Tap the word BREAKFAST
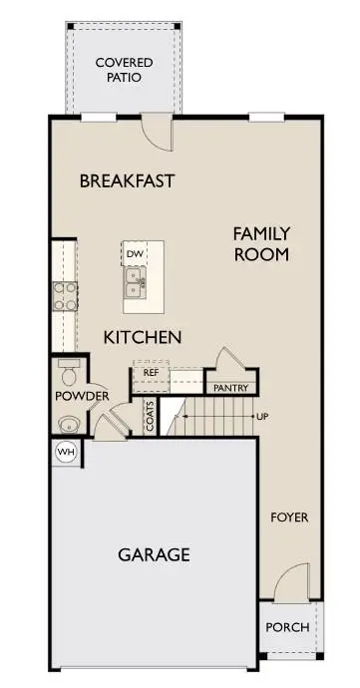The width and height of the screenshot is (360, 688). (127, 181)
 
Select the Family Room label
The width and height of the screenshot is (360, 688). (261, 243)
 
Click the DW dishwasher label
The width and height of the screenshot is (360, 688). (135, 254)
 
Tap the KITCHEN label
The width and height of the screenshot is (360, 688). (143, 337)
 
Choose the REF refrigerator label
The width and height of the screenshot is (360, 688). (152, 372)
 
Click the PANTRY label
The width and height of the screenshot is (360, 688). (230, 388)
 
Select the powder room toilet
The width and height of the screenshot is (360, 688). (68, 376)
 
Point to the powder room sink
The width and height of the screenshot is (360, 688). (68, 423)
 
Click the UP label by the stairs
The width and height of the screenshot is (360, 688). (262, 416)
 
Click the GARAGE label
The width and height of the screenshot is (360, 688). (155, 554)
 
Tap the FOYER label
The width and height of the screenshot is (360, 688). (289, 517)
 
